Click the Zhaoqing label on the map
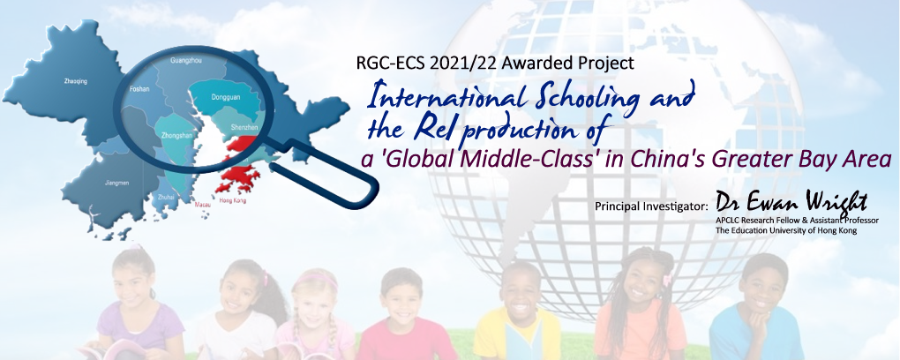[76, 81]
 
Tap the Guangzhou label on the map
[186, 60]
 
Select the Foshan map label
[139, 89]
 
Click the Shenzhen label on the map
[244, 127]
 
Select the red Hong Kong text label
[232, 200]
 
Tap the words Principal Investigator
[652, 205]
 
